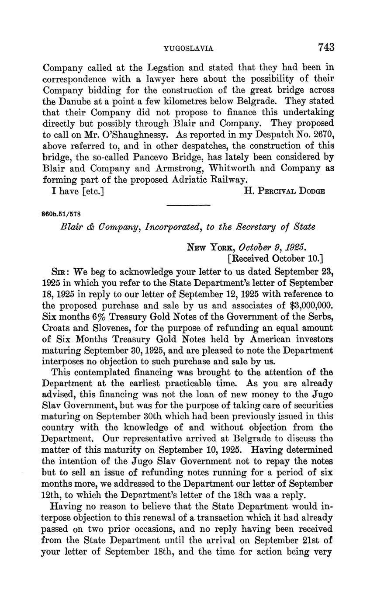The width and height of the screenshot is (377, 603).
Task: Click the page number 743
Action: (326, 47)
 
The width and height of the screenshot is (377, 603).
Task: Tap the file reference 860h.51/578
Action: (61, 215)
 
